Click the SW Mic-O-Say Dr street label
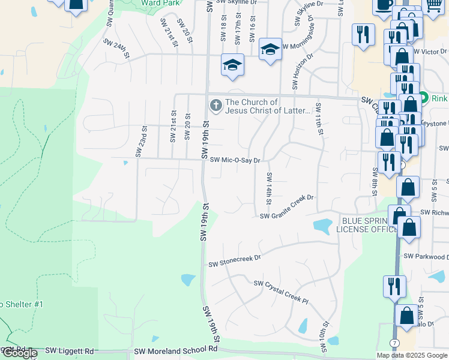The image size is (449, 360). click(x=235, y=160)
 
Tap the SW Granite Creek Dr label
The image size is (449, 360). click(x=287, y=214)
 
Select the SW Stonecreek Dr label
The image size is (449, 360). click(x=235, y=262)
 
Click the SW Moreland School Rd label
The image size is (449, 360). click(x=175, y=350)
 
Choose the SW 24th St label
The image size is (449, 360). click(x=116, y=48)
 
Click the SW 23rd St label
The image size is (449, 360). click(x=141, y=141)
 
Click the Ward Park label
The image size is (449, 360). click(x=153, y=3)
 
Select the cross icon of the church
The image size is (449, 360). click(x=215, y=106)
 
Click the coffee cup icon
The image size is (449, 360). click(x=382, y=5)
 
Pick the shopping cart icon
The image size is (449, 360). click(x=434, y=5)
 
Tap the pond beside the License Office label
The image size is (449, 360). click(x=322, y=226)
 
